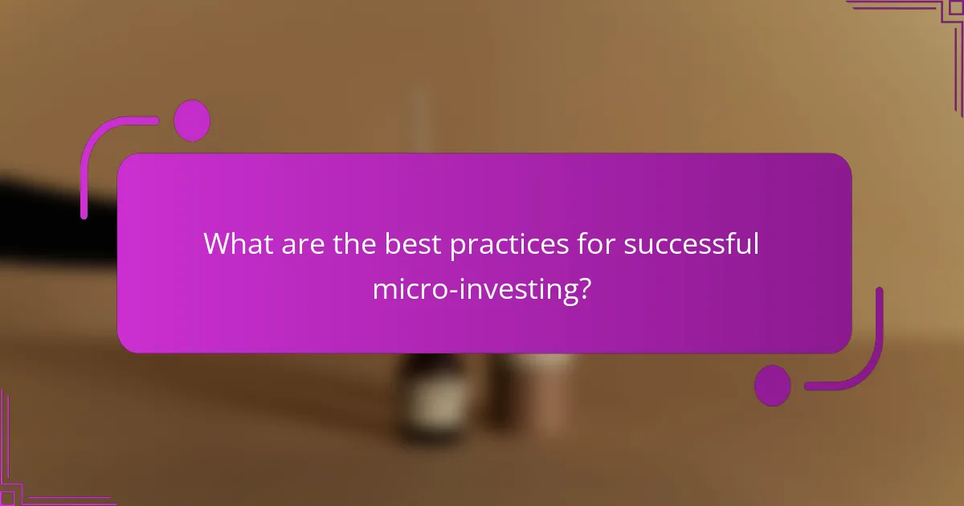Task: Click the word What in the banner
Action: point(239,243)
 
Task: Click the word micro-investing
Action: point(475,289)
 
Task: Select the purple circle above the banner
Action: point(192,121)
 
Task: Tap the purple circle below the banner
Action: point(773,386)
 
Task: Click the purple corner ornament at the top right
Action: point(924,24)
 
